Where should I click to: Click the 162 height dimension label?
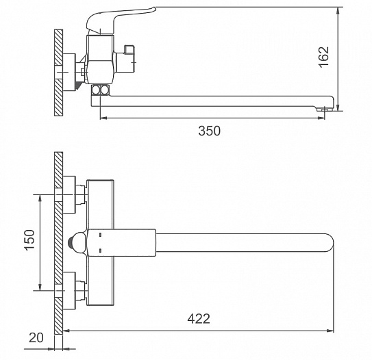click(x=324, y=57)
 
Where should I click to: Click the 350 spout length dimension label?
click(x=209, y=131)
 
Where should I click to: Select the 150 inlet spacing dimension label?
click(x=29, y=240)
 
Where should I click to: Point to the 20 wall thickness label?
click(x=36, y=337)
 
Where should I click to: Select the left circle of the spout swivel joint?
click(x=96, y=90)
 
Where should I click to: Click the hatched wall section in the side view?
click(x=59, y=73)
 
